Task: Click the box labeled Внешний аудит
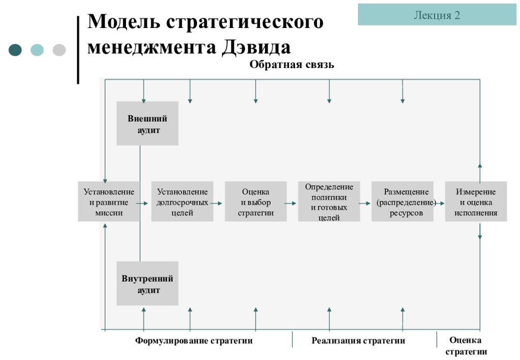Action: (x=147, y=123)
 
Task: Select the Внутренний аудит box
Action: (x=147, y=283)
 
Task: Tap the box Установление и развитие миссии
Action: (x=109, y=202)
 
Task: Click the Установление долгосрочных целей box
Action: (x=182, y=202)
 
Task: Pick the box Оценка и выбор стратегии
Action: (x=256, y=202)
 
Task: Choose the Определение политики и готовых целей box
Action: (x=329, y=202)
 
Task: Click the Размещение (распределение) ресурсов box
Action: (x=402, y=202)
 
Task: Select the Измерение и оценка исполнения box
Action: (x=476, y=202)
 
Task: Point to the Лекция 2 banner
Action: (x=437, y=15)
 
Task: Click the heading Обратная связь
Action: (x=291, y=64)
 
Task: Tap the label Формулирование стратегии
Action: (x=193, y=341)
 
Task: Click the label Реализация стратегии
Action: (x=358, y=341)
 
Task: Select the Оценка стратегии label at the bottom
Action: (x=466, y=346)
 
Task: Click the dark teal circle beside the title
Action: (x=15, y=50)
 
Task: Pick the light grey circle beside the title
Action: (x=59, y=50)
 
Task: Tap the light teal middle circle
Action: (x=37, y=50)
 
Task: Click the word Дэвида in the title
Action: (x=256, y=47)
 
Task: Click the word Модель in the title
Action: (x=124, y=22)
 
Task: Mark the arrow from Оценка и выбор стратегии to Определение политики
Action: (x=290, y=203)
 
